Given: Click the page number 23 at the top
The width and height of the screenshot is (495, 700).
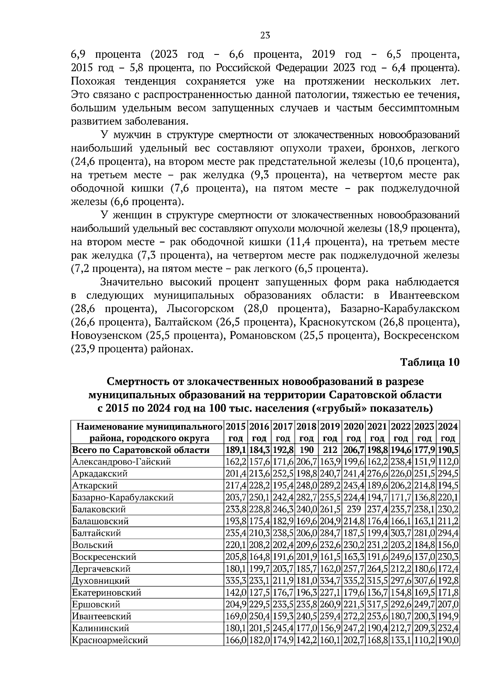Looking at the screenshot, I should click(x=265, y=35).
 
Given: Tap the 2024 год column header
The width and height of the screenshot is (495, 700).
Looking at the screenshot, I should click(x=448, y=432).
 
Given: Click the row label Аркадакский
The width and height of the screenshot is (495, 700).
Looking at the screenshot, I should click(x=100, y=474).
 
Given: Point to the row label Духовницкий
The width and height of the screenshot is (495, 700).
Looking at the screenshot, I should click(x=101, y=581).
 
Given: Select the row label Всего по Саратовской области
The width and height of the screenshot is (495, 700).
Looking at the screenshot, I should click(x=141, y=450).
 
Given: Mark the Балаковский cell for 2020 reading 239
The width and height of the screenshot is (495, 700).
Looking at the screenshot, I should click(x=354, y=509).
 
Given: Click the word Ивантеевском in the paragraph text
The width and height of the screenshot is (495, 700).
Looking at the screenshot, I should click(x=424, y=295).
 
